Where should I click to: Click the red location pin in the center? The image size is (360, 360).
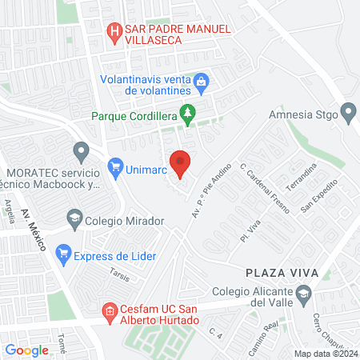pos(181,163)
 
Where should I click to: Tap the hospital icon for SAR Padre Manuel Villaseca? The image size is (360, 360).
pos(114,31)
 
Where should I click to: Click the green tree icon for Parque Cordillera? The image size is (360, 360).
pos(188,114)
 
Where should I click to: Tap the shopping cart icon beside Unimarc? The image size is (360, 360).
pos(114,169)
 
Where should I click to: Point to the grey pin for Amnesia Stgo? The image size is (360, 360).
pos(349,113)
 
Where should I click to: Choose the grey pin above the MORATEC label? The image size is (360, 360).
pos(80,150)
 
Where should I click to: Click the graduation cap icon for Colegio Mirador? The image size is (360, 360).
pos(74,218)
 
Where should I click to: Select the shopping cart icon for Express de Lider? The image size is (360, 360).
pos(63,255)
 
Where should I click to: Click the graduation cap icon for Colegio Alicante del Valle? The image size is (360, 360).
pos(303,295)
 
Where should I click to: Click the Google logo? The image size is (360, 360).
pos(26,350)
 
